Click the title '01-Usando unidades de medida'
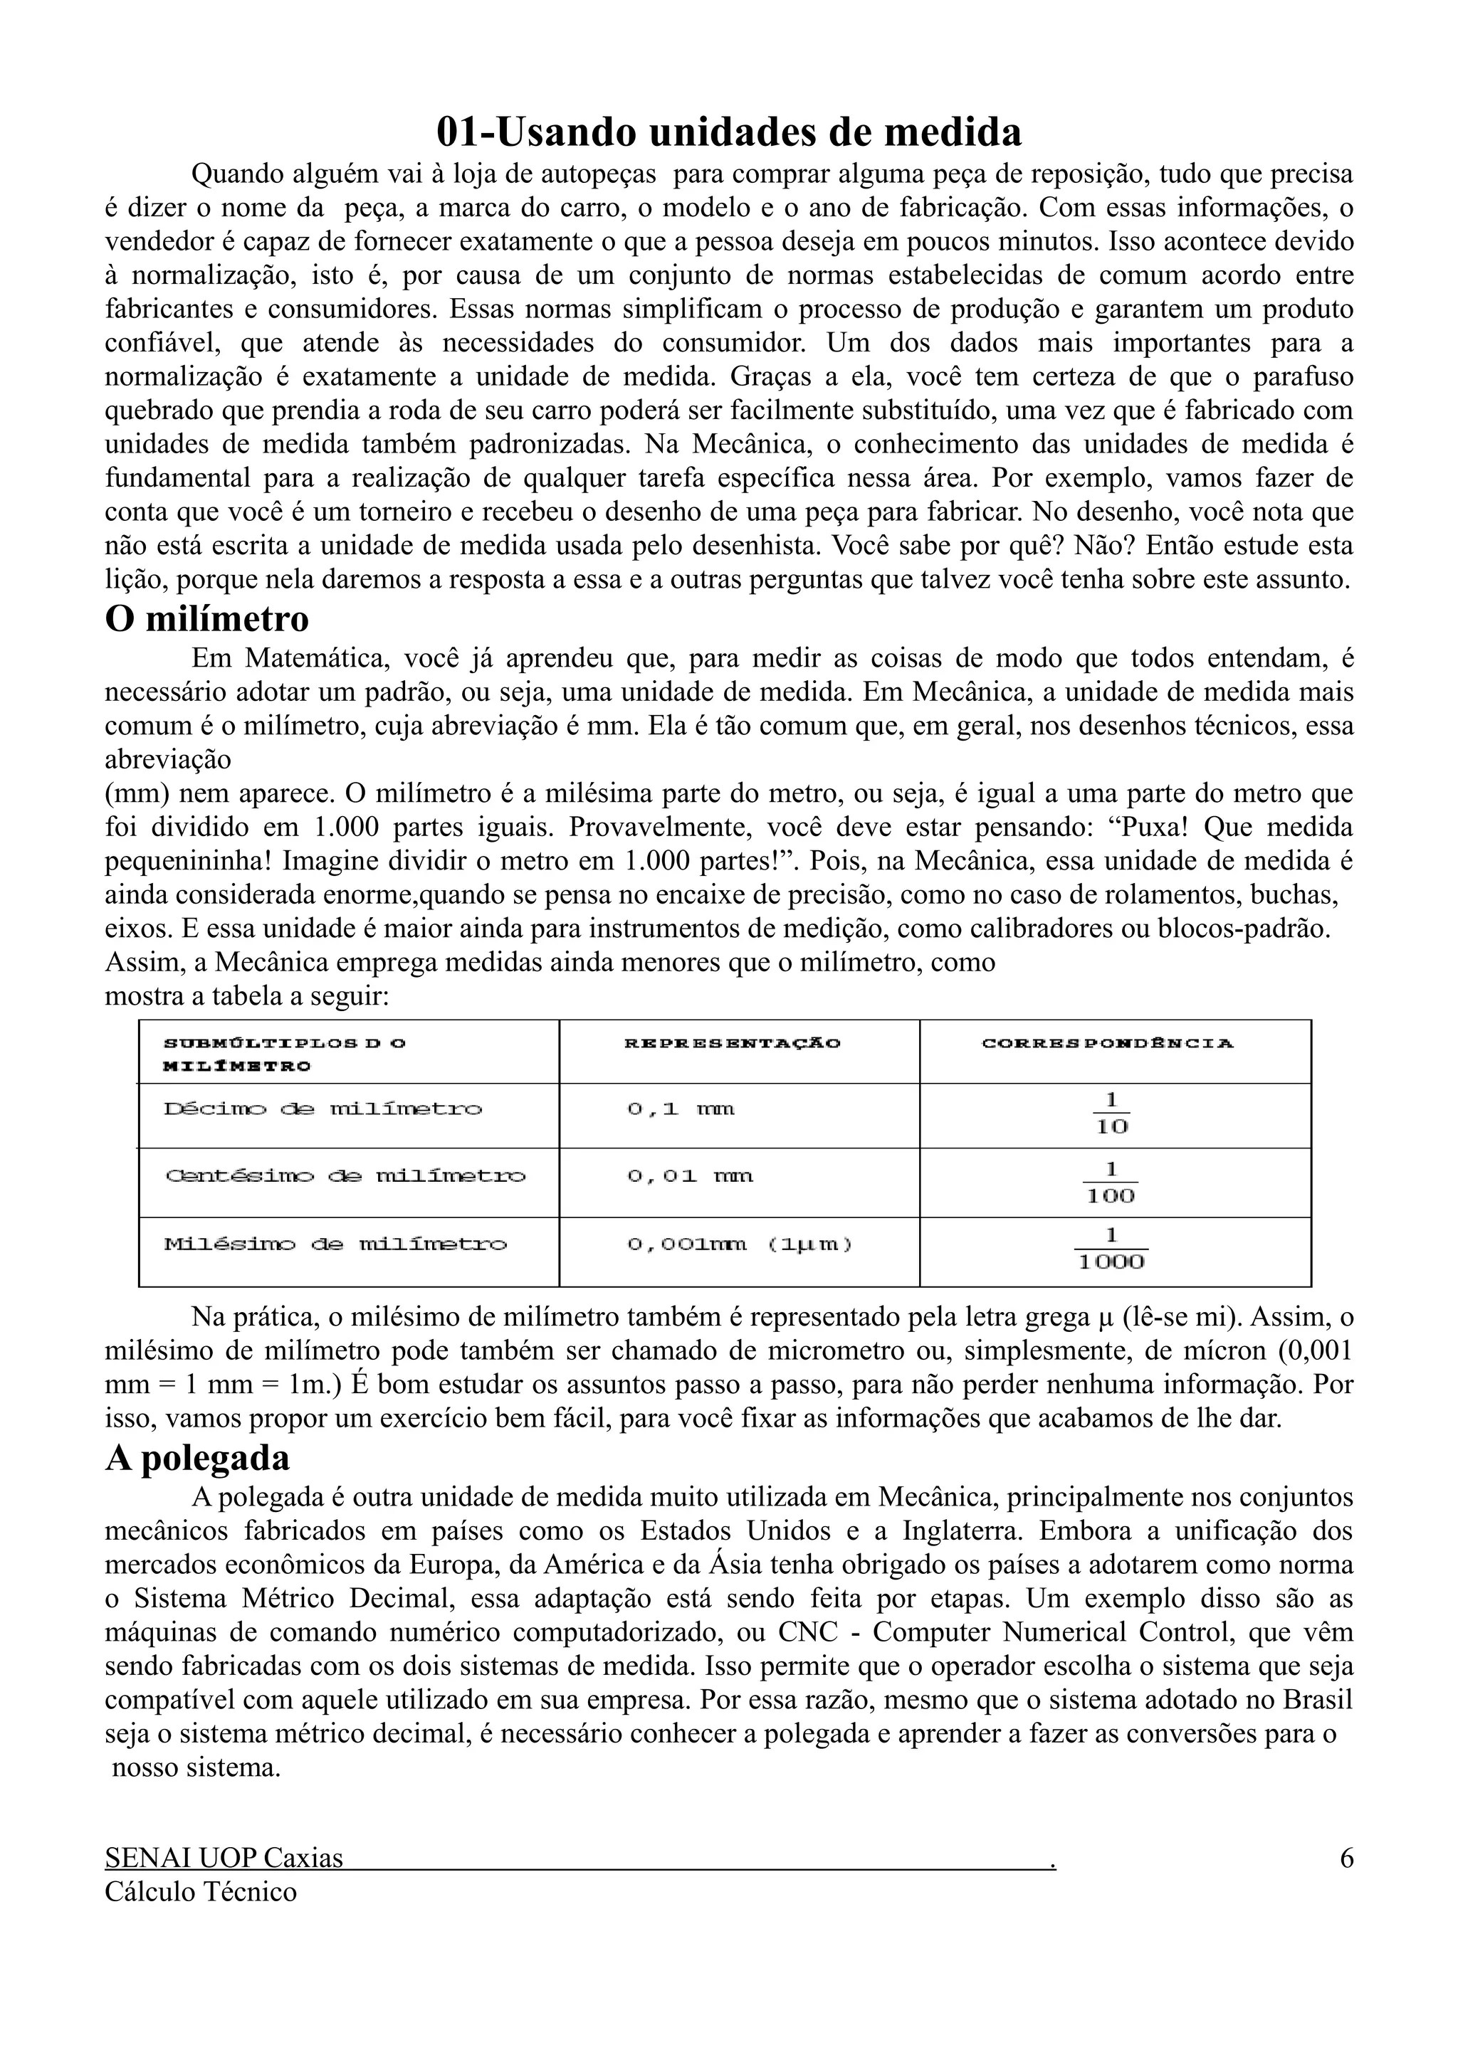[728, 132]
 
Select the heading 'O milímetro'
[206, 619]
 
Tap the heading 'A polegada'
[198, 1458]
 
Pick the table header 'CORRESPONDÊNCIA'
[1108, 1042]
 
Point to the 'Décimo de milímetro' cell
[322, 1109]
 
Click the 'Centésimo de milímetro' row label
[345, 1175]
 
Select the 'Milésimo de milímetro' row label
[335, 1244]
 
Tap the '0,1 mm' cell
[680, 1109]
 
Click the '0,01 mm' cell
[690, 1175]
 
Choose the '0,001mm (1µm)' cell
[740, 1244]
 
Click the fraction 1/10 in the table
[1111, 1114]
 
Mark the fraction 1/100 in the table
[1111, 1182]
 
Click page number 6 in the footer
[1346, 1857]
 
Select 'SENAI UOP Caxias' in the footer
[224, 1857]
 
